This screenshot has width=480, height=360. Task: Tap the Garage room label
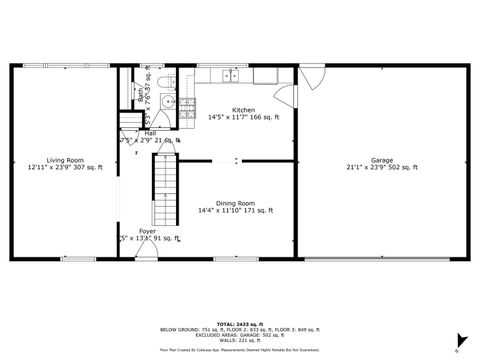pyautogui.click(x=381, y=160)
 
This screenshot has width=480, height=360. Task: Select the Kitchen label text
pyautogui.click(x=243, y=110)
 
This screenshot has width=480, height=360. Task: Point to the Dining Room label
pyautogui.click(x=235, y=203)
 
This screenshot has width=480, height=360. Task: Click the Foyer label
pyautogui.click(x=147, y=231)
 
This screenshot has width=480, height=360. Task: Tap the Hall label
pyautogui.click(x=149, y=133)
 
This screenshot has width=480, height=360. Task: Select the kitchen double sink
pyautogui.click(x=231, y=75)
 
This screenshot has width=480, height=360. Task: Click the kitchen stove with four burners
pyautogui.click(x=187, y=107)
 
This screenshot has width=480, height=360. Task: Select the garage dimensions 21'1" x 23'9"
pyautogui.click(x=381, y=168)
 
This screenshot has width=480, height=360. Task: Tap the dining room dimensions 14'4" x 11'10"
pyautogui.click(x=235, y=211)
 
